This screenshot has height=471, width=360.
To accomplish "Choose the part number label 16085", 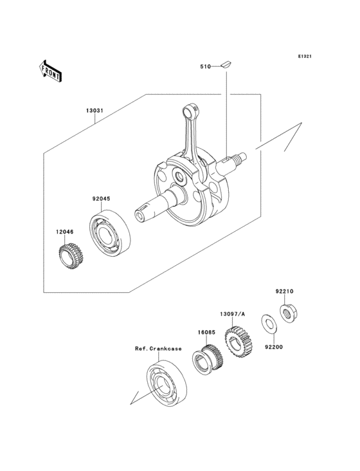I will [206, 332].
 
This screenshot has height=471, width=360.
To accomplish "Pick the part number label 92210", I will [285, 291].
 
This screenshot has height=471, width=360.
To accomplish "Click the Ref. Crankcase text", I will [158, 349].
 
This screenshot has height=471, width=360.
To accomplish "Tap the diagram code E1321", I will [304, 57].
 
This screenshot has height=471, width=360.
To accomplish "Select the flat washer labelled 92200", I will [265, 320].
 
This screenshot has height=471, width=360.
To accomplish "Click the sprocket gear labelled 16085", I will [208, 358].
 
